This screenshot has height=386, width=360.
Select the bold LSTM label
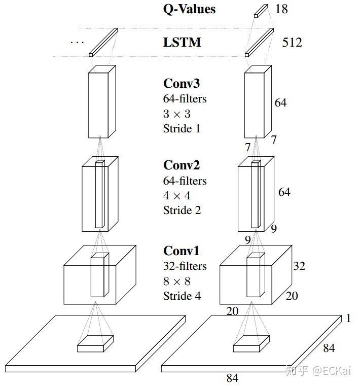[x=182, y=42]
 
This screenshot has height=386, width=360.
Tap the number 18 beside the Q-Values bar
[x=281, y=9]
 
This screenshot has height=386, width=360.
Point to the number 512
[x=292, y=42]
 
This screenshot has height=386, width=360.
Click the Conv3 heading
[x=181, y=83]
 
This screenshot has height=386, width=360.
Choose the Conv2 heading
[x=181, y=165]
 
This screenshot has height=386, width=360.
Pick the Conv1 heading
[x=181, y=251]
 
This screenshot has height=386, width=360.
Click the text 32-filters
[x=185, y=266]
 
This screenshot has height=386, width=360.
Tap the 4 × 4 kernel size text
[x=176, y=195]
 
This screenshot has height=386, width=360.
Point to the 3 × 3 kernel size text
[x=176, y=114]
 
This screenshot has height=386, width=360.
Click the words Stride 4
[x=182, y=296]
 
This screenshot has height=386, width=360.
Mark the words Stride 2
[x=182, y=210]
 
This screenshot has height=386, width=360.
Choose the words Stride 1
[x=182, y=128]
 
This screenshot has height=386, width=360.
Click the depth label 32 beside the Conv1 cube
[x=299, y=266]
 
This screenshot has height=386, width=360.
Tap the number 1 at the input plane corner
[x=348, y=319]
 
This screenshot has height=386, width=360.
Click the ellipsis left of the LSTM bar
[x=77, y=42]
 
